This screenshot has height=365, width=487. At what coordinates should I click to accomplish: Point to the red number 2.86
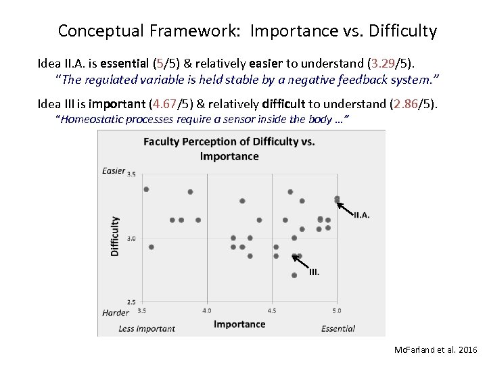click(x=411, y=104)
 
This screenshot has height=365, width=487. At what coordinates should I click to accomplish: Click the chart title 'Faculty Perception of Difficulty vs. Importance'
click(x=229, y=149)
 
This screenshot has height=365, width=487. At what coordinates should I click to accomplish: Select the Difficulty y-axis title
click(x=114, y=236)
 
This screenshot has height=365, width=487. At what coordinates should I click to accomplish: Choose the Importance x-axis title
click(x=239, y=324)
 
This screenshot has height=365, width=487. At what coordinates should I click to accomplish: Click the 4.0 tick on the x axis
click(x=206, y=311)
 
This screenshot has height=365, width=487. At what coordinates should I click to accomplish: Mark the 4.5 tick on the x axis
click(x=271, y=311)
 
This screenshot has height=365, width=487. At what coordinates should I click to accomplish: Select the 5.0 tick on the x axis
click(x=336, y=311)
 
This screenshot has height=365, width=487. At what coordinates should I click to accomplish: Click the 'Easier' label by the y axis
click(x=113, y=171)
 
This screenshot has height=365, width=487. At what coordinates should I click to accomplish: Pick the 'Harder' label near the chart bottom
click(x=115, y=313)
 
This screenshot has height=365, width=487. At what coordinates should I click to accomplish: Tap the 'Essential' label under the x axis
click(x=338, y=328)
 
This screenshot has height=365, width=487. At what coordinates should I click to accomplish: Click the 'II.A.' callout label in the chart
click(x=362, y=216)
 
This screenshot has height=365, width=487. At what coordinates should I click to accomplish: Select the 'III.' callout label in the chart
click(x=314, y=272)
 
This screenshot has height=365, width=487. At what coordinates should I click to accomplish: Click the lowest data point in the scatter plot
click(x=294, y=275)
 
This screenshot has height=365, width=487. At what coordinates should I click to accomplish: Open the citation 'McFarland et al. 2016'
click(x=436, y=350)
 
